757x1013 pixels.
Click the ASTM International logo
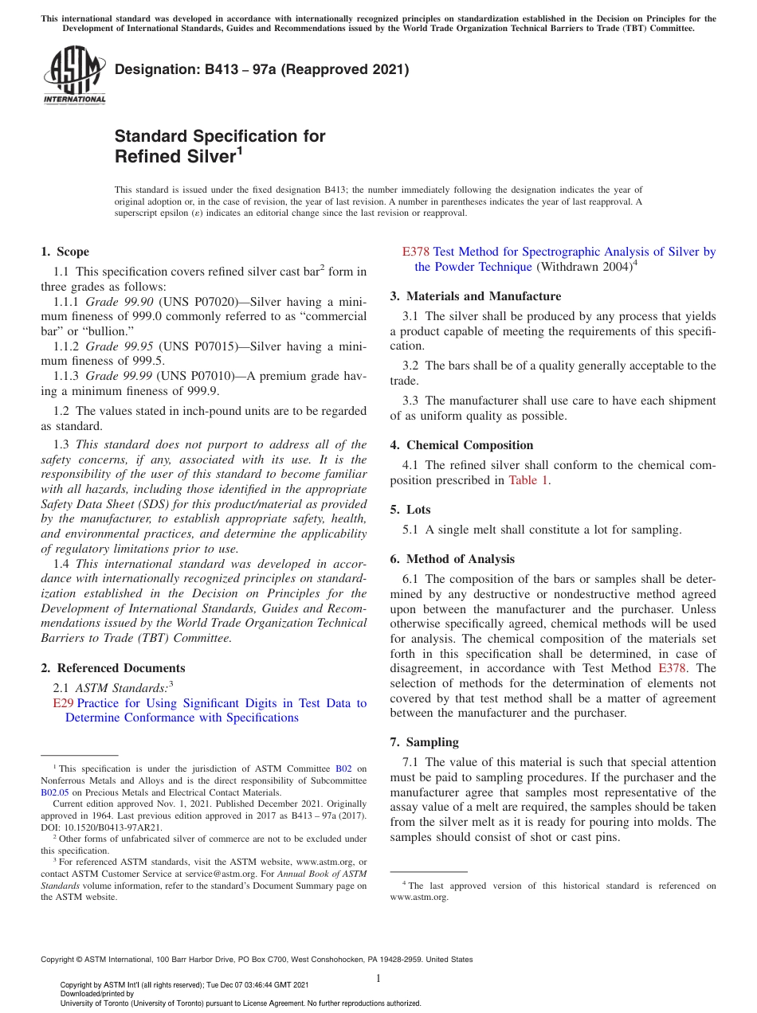(x=73, y=76)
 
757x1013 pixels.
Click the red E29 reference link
(x=62, y=703)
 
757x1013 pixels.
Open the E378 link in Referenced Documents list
(x=415, y=252)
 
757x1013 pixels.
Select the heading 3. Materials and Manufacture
(x=475, y=296)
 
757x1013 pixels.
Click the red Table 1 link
(x=528, y=480)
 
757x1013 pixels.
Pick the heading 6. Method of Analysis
(x=452, y=559)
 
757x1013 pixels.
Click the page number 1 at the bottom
(x=378, y=978)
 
